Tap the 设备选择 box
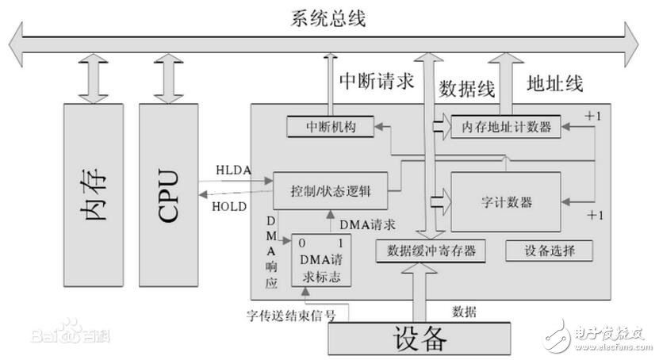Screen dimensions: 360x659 [x=549, y=251]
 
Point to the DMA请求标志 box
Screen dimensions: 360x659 [x=321, y=259]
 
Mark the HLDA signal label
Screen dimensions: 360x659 [x=233, y=170]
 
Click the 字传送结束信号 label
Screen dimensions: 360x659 [x=290, y=316]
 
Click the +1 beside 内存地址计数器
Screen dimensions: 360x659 [x=592, y=116]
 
